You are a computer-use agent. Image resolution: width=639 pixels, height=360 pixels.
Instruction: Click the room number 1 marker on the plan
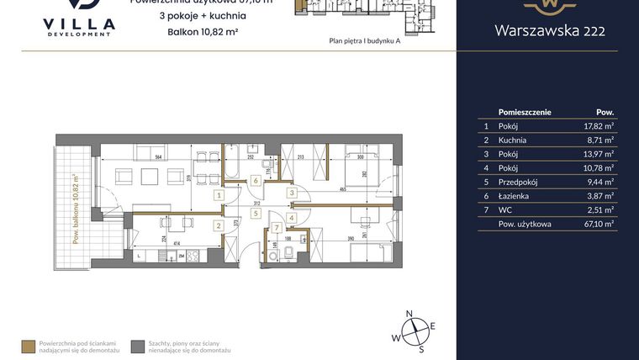pos(219,195)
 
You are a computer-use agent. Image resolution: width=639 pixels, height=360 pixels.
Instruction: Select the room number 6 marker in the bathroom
pos(256,180)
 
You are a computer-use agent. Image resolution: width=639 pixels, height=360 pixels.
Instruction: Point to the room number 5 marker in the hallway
pos(256,214)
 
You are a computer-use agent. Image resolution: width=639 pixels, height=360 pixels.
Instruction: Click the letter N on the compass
pos(409,314)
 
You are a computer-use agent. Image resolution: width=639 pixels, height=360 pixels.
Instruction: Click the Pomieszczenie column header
pos(525,111)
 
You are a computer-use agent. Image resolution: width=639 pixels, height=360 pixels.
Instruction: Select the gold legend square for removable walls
pos(29,345)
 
